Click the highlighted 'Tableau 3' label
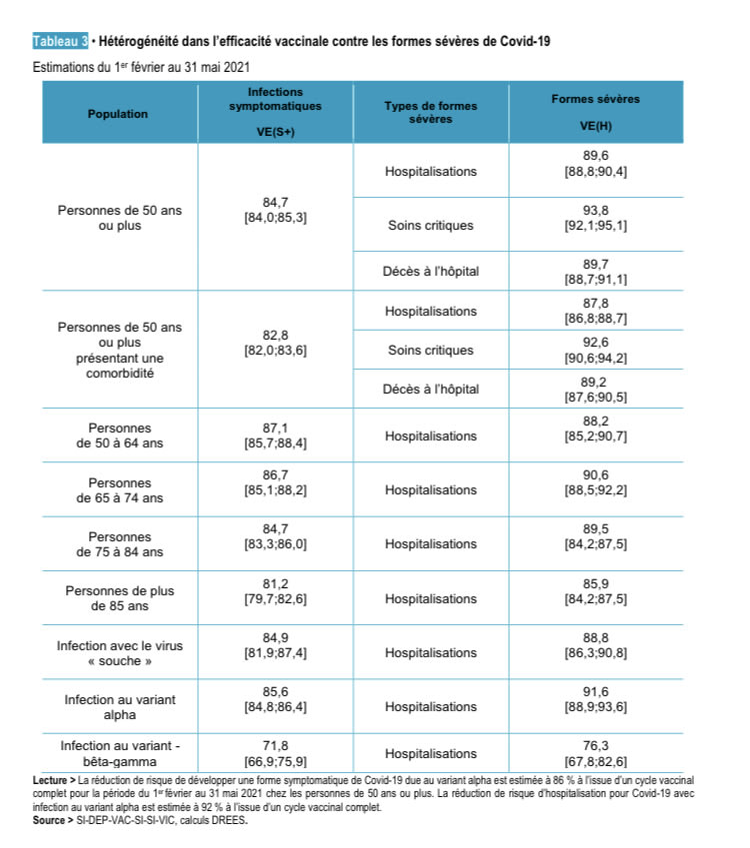[x=61, y=41]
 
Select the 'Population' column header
[x=118, y=114]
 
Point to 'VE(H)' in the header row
[x=595, y=126]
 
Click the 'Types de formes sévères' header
[x=430, y=112]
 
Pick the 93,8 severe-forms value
[x=595, y=210]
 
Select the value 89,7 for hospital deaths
[x=595, y=264]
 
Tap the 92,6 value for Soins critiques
[x=595, y=342]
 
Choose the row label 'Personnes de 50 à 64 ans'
[x=120, y=435]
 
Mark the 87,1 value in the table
[x=275, y=427]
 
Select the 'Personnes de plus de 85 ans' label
[x=120, y=597]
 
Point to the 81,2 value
[x=275, y=590]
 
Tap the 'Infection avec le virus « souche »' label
[x=120, y=653]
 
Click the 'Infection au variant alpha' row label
[x=120, y=707]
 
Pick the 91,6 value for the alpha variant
[x=595, y=691]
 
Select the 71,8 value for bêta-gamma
[x=275, y=745]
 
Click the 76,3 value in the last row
[x=595, y=745]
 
